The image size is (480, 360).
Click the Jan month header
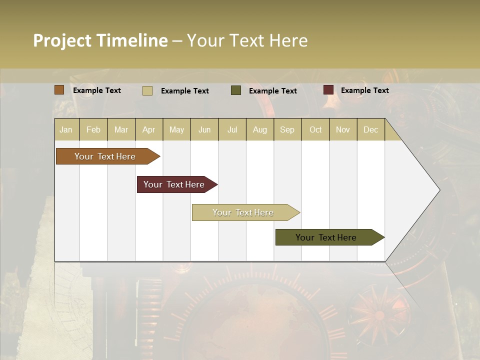[66, 129]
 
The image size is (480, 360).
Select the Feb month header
[93, 129]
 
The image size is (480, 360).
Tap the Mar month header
[121, 129]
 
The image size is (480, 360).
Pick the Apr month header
[149, 129]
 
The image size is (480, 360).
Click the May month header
[176, 129]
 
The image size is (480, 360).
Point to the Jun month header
[204, 129]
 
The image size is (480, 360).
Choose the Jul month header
[232, 129]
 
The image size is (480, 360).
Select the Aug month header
[260, 129]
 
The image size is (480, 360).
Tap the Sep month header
[287, 129]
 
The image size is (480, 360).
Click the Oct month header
[315, 129]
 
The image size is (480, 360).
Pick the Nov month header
[343, 129]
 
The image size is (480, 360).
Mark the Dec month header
[371, 129]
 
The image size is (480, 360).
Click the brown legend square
[59, 90]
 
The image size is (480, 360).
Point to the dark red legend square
[328, 90]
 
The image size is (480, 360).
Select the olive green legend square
[236, 90]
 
